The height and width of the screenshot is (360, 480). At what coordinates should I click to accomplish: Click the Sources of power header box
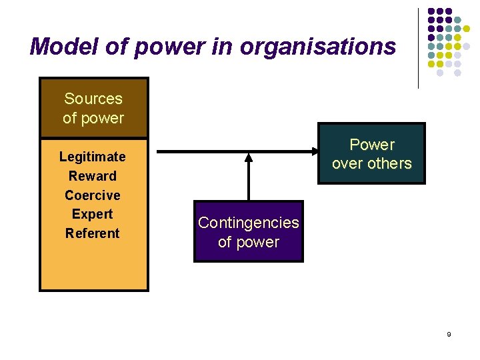tap(93, 108)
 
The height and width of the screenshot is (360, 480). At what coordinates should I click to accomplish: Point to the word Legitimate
tap(92, 157)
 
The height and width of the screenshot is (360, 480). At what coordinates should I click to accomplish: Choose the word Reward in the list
tap(92, 176)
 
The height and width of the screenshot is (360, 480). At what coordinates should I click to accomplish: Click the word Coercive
tap(92, 195)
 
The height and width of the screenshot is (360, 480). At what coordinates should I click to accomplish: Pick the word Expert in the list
tap(92, 214)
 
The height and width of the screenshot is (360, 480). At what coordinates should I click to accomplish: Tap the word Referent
tap(92, 233)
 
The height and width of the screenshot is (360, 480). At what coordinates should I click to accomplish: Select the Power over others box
tap(371, 153)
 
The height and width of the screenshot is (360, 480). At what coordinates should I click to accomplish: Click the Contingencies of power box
tap(248, 231)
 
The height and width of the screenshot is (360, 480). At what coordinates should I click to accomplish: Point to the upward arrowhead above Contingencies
tap(249, 158)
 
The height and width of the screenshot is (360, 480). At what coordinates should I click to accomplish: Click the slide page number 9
tap(449, 334)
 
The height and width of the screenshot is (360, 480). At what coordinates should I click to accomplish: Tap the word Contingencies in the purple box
tap(248, 222)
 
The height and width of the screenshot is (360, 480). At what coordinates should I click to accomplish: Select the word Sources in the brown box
tap(93, 99)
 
